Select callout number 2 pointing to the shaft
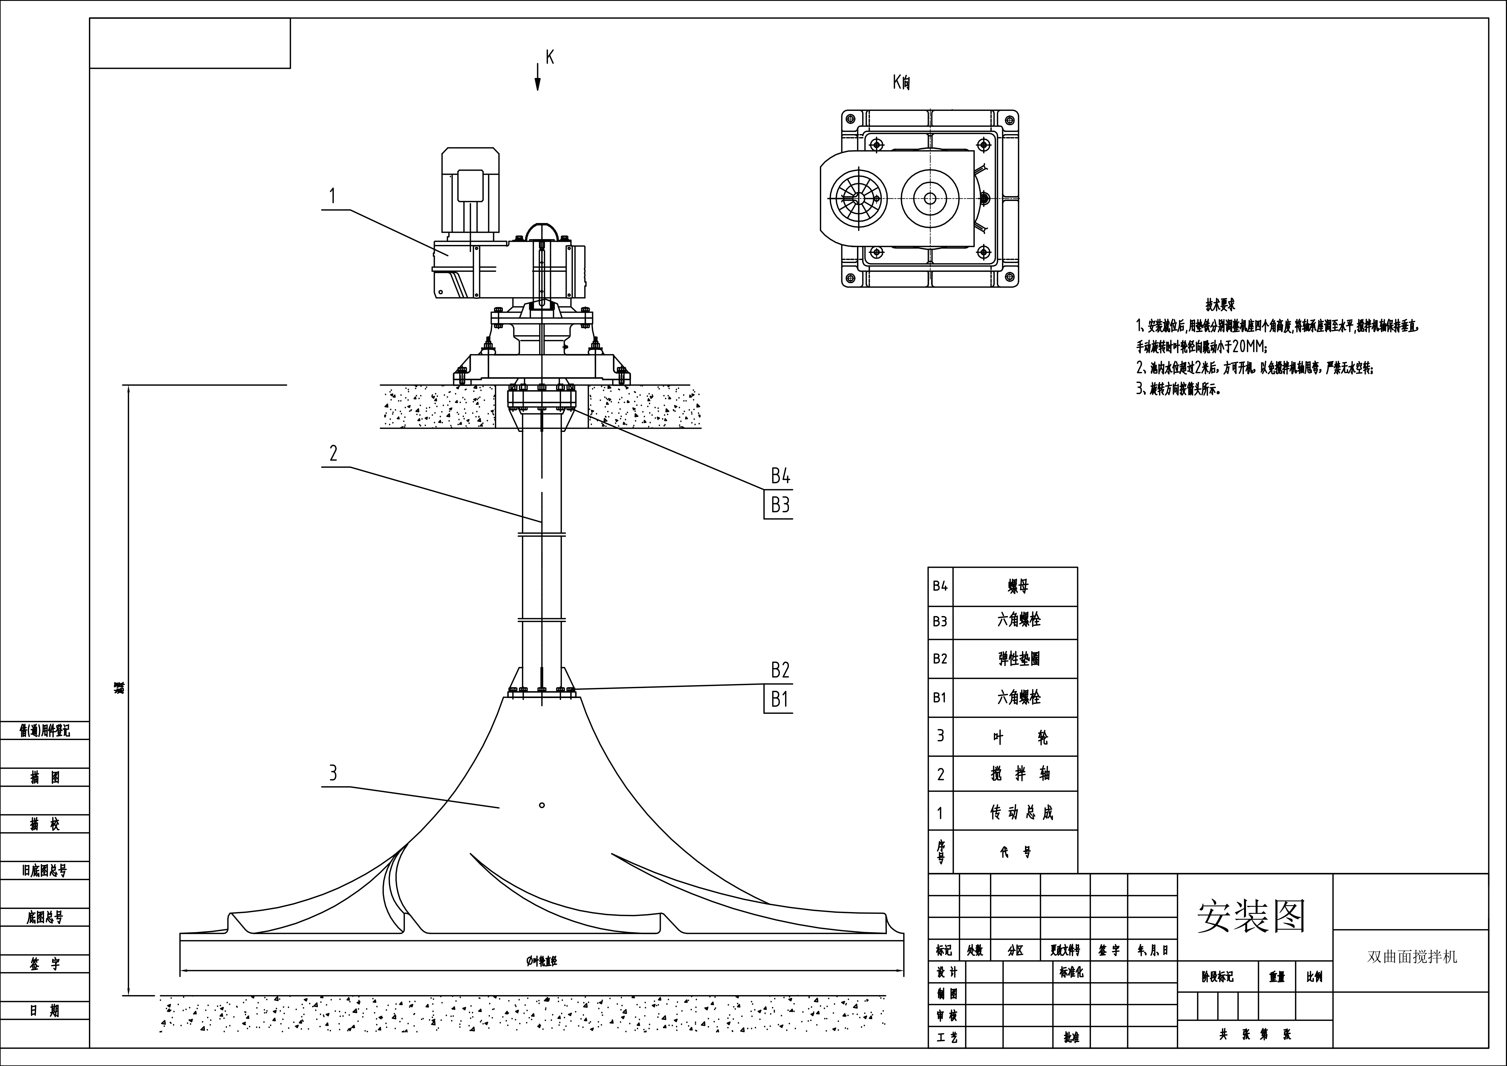point(334,453)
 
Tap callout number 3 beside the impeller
point(333,773)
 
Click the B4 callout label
point(780,475)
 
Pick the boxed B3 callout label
point(779,505)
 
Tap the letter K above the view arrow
point(550,58)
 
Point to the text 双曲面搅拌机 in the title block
point(1412,957)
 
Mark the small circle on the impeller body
point(542,805)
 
